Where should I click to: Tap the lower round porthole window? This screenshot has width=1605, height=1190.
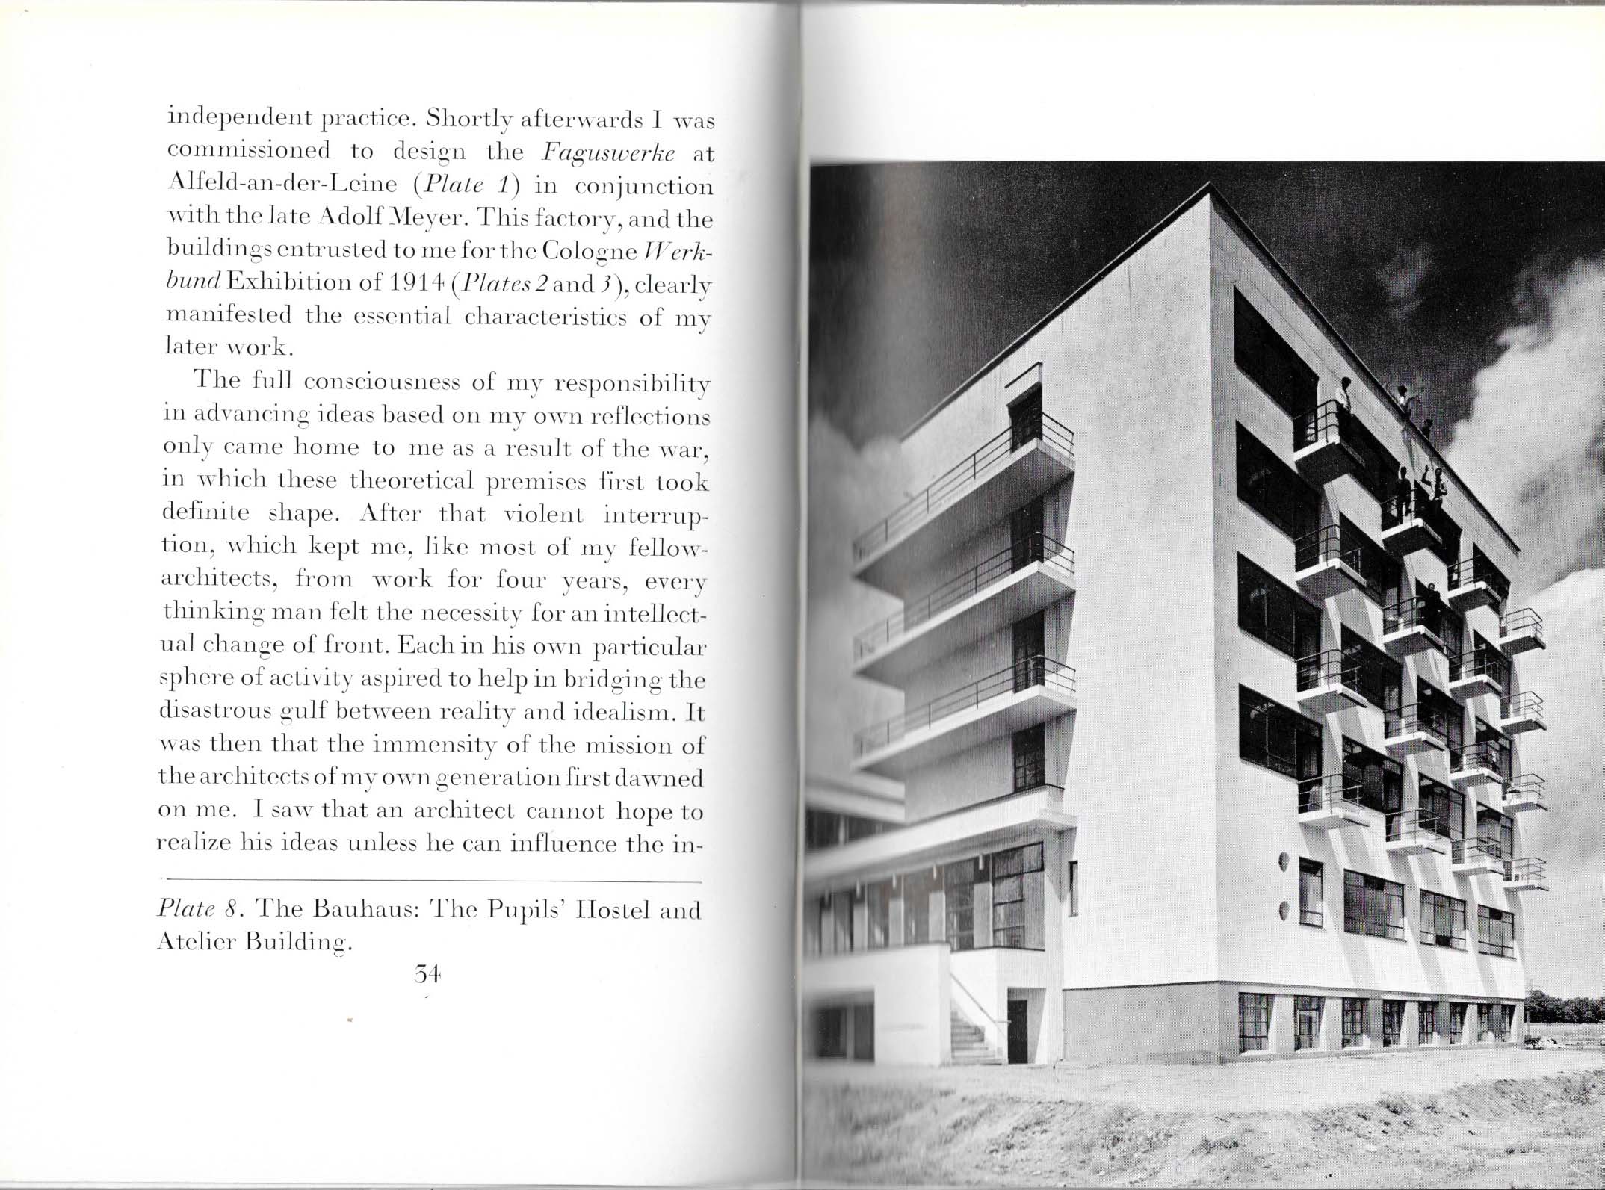1284,911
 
